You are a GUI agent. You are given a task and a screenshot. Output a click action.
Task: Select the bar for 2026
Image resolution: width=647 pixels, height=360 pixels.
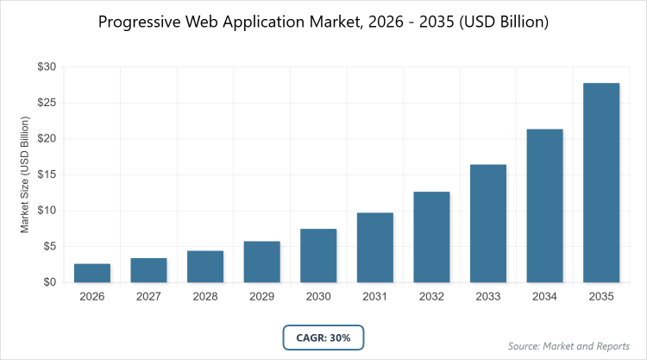pos(92,273)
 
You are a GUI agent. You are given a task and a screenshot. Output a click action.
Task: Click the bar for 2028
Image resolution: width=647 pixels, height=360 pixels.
pos(205,266)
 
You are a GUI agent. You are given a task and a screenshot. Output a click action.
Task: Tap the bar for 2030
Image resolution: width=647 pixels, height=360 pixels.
pos(318,256)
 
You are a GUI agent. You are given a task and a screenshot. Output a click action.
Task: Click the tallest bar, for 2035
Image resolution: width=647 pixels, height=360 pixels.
pos(601,182)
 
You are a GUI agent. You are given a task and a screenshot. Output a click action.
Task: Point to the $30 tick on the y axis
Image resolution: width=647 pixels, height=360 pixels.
pos(47,66)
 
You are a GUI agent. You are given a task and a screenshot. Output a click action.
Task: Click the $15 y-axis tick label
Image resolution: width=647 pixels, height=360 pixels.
pos(47,174)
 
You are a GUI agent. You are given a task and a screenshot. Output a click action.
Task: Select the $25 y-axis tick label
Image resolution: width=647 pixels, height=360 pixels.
pos(47,103)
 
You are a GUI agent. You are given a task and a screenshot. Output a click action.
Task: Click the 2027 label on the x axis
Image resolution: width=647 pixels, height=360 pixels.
pos(148,296)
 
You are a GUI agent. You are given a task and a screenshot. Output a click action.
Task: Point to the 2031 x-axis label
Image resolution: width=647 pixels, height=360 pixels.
pos(375,296)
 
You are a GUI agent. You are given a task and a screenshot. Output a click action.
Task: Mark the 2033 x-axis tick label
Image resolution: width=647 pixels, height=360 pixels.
pos(488,296)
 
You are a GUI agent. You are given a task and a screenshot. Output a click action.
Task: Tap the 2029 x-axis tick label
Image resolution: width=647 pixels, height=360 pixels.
pos(261,296)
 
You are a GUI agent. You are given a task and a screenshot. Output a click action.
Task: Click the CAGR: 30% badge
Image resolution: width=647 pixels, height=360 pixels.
pos(323,338)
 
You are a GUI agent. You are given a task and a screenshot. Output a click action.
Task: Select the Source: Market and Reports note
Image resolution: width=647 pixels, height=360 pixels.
pos(568,346)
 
